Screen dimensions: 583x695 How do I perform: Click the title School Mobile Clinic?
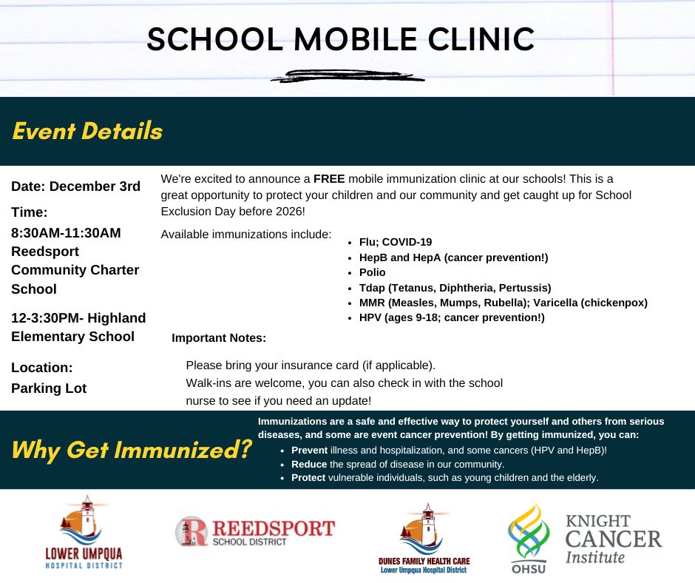click(x=340, y=38)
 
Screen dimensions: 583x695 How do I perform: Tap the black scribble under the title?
click(x=347, y=75)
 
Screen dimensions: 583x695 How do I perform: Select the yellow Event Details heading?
click(x=87, y=131)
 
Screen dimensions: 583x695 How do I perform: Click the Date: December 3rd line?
click(x=75, y=186)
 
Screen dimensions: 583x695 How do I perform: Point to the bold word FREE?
click(x=328, y=179)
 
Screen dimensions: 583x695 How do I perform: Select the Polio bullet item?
click(x=372, y=272)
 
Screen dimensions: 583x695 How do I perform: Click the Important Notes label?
click(x=219, y=338)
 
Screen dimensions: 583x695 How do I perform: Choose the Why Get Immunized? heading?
click(x=132, y=449)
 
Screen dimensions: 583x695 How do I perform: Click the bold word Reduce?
click(x=309, y=464)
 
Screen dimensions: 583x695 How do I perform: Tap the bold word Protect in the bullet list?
click(x=308, y=478)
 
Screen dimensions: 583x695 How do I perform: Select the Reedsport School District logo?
click(x=255, y=531)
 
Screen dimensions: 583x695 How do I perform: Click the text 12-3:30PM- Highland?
click(x=78, y=318)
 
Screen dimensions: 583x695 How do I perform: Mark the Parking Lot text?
click(x=49, y=388)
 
